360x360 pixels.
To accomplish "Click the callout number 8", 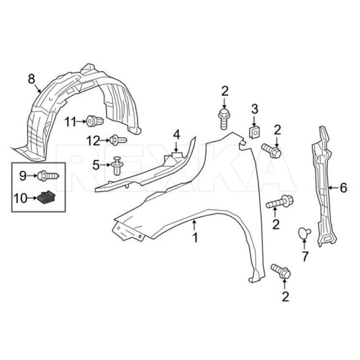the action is click(x=31, y=79).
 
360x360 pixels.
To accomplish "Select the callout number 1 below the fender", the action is click(x=195, y=237).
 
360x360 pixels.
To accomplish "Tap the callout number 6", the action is click(x=343, y=188).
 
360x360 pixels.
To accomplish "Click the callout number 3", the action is click(x=255, y=108).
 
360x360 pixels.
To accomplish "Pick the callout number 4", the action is click(x=176, y=134).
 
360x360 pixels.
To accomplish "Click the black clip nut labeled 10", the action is click(x=46, y=197).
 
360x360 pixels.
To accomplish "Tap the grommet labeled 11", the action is click(x=95, y=121).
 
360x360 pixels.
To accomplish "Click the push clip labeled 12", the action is click(x=118, y=140).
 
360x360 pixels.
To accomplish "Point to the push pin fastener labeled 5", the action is click(x=118, y=165).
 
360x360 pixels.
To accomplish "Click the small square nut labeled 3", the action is click(x=254, y=131).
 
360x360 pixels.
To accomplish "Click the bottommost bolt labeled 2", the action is click(x=281, y=271).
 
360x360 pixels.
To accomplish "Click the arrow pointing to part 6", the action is click(x=333, y=188).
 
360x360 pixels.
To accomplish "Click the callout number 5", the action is click(x=96, y=165).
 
